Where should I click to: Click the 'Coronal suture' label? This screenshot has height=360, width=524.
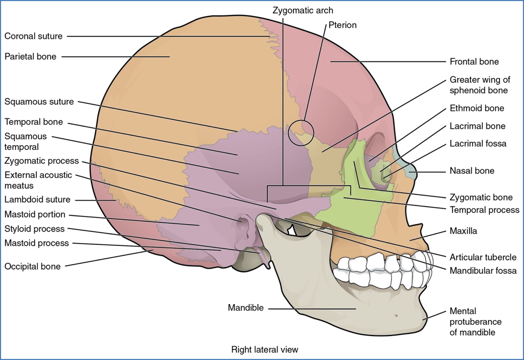pyautogui.click(x=33, y=36)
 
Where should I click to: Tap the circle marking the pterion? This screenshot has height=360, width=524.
pyautogui.click(x=299, y=132)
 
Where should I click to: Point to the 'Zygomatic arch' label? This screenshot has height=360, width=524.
pyautogui.click(x=303, y=10)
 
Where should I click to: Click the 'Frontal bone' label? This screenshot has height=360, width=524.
pyautogui.click(x=474, y=61)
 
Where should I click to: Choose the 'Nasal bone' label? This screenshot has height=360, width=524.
pyautogui.click(x=472, y=171)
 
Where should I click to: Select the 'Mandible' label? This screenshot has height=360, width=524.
pyautogui.click(x=245, y=307)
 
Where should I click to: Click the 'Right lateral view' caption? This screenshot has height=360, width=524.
pyautogui.click(x=265, y=350)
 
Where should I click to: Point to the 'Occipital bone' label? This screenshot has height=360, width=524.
pyautogui.click(x=32, y=266)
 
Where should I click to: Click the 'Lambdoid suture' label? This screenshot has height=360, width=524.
pyautogui.click(x=37, y=199)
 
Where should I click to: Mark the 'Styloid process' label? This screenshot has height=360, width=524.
pyautogui.click(x=34, y=229)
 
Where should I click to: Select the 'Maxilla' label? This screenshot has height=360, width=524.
pyautogui.click(x=463, y=231)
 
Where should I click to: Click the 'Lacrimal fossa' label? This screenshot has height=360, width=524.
pyautogui.click(x=478, y=144)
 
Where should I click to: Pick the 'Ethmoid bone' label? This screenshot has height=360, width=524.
pyautogui.click(x=477, y=108)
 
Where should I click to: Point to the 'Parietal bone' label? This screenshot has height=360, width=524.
pyautogui.click(x=30, y=56)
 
